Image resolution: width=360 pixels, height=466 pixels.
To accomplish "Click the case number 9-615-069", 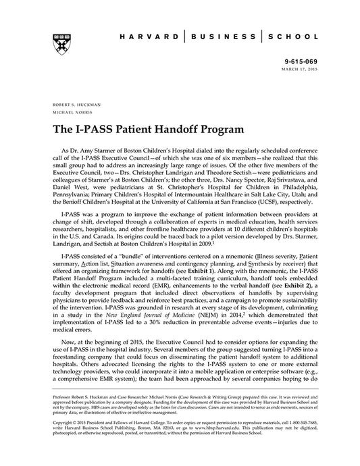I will click(302, 61).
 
